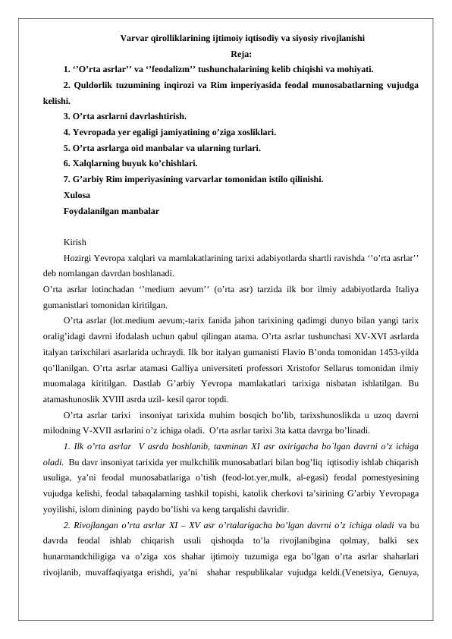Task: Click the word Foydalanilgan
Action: point(94,212)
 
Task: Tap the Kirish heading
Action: point(76,244)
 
